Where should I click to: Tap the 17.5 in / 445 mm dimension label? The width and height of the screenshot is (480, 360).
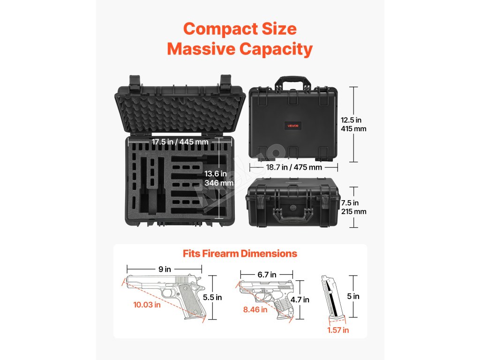[174, 142]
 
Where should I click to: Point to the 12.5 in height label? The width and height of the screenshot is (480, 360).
[351, 120]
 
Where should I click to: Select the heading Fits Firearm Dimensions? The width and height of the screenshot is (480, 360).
[240, 254]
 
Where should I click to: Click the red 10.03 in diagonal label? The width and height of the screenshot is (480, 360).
[147, 305]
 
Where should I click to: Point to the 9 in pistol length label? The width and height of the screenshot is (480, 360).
[165, 269]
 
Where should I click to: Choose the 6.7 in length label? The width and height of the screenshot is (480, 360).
[267, 275]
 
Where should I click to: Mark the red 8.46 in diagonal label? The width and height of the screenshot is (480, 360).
[255, 309]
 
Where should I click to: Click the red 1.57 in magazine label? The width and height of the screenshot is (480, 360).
[337, 330]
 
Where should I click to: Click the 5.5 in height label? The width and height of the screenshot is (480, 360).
[212, 297]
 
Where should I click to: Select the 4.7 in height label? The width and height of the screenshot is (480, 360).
[300, 300]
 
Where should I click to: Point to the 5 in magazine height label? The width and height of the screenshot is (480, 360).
[356, 296]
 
